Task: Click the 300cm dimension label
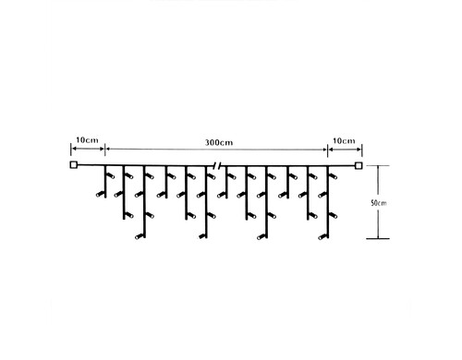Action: [x=219, y=143]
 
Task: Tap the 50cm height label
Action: [x=379, y=203]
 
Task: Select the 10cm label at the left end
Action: [x=87, y=140]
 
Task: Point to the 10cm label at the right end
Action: [x=344, y=141]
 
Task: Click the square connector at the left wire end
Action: [x=73, y=165]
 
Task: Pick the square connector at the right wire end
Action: [x=358, y=166]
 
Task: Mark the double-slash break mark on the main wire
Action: [x=217, y=166]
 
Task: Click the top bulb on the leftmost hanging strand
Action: [x=111, y=176]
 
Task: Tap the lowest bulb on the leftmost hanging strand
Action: [x=100, y=194]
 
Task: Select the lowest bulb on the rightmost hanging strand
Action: [x=322, y=237]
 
